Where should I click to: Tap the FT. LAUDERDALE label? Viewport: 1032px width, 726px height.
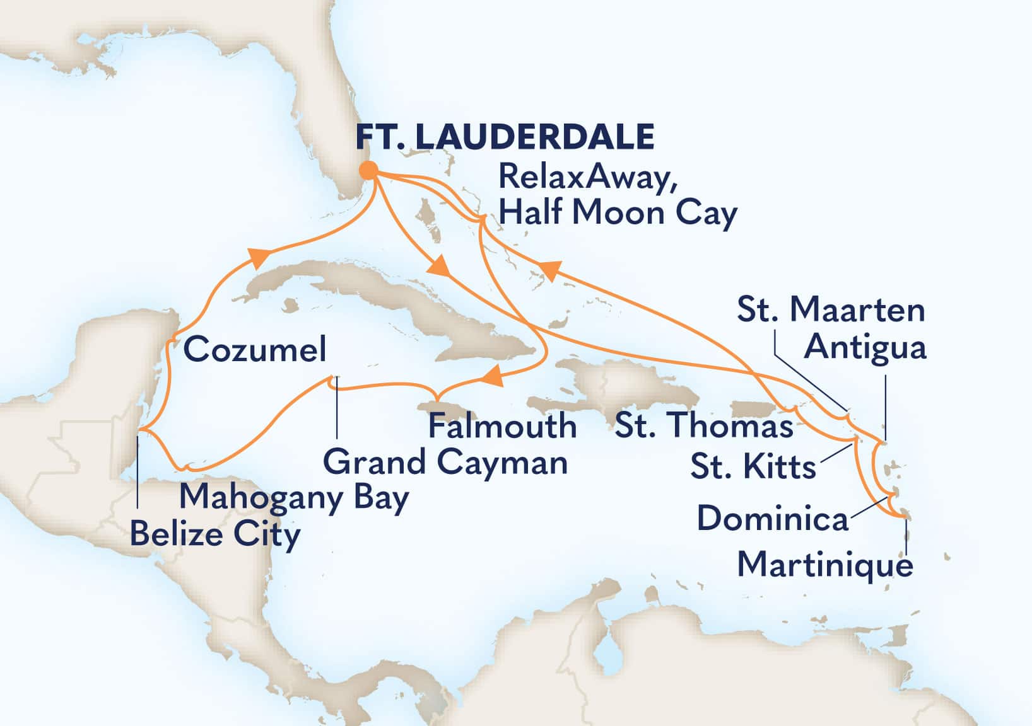(505, 136)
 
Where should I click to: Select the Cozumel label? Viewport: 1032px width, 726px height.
(255, 349)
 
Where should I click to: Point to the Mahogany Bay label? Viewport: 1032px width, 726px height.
(294, 498)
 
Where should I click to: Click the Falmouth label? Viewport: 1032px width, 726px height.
(502, 426)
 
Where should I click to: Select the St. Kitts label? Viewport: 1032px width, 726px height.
(753, 467)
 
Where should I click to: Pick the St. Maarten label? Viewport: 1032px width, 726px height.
(831, 310)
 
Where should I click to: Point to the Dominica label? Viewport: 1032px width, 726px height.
(772, 519)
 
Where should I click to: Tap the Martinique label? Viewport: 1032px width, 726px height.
(825, 564)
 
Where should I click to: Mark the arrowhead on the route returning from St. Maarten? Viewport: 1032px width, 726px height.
(549, 270)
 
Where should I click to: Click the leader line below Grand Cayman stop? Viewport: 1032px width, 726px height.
(336, 410)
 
